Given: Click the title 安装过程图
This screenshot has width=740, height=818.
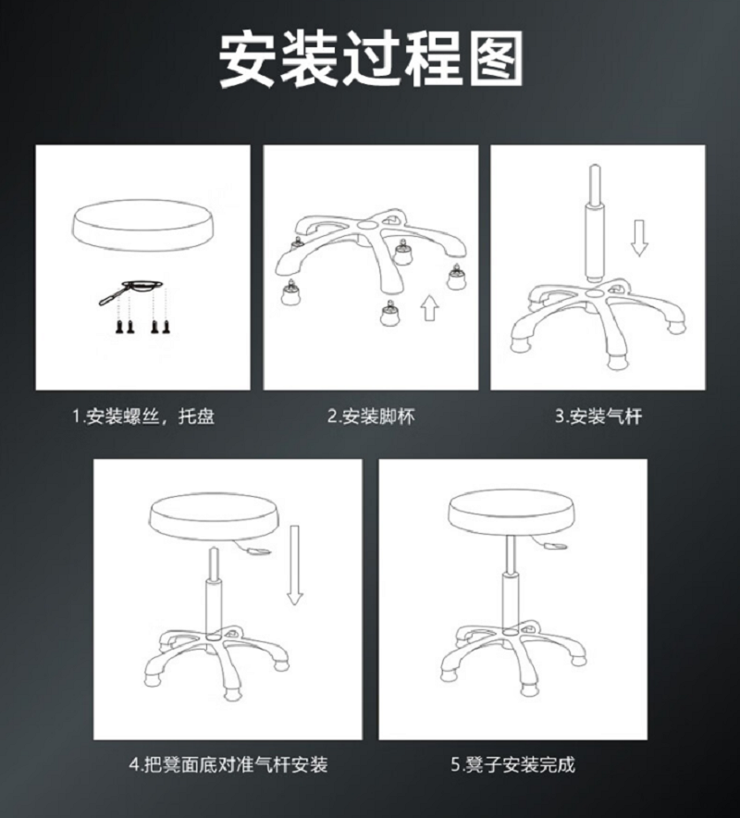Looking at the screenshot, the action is pyautogui.click(x=371, y=59).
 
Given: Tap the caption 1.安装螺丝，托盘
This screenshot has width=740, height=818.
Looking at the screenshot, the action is pyautogui.click(x=143, y=416).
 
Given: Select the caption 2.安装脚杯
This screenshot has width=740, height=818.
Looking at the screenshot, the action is pyautogui.click(x=371, y=416).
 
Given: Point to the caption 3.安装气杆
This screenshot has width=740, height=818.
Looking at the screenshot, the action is pyautogui.click(x=598, y=416).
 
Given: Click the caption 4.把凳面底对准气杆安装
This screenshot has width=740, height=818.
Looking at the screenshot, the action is pyautogui.click(x=228, y=764).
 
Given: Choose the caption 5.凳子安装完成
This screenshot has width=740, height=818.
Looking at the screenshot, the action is pyautogui.click(x=512, y=764).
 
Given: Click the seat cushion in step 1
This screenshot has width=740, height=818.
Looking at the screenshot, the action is pyautogui.click(x=142, y=227).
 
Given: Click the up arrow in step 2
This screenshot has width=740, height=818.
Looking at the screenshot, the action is pyautogui.click(x=429, y=308).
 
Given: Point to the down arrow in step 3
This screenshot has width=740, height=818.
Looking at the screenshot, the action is pyautogui.click(x=639, y=238).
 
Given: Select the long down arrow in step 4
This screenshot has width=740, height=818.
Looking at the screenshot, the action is pyautogui.click(x=295, y=565).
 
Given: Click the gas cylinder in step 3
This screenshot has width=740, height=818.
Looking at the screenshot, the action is pyautogui.click(x=594, y=224).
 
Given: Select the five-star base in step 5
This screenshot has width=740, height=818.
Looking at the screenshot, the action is pyautogui.click(x=513, y=656).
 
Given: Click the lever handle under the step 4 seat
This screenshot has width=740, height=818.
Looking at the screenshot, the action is pyautogui.click(x=254, y=548).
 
